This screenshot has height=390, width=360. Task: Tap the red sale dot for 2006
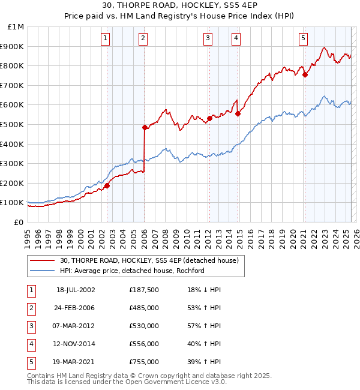point(145,127)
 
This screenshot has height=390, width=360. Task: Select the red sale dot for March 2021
point(305,74)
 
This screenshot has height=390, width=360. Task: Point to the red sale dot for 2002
point(107,185)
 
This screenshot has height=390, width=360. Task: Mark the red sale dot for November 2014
point(238,113)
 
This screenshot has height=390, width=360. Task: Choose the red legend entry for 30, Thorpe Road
point(149,260)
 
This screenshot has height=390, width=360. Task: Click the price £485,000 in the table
point(144,308)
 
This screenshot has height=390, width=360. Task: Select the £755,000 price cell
point(144,362)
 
